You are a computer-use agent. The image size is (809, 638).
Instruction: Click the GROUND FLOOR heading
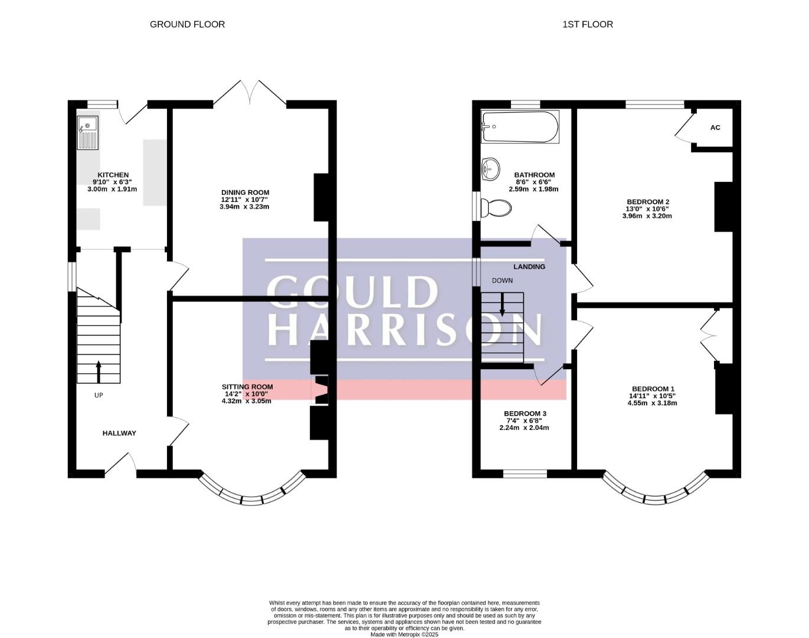(x=187, y=24)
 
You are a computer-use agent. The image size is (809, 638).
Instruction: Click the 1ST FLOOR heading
(x=588, y=24)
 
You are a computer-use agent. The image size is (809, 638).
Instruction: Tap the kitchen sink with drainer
(x=88, y=133)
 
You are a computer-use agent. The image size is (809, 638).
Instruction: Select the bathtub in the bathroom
(x=520, y=126)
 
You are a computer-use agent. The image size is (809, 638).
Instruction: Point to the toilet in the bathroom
(x=496, y=208)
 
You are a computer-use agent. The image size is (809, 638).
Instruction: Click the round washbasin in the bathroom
(x=490, y=170)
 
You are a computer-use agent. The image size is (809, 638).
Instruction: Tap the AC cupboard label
(x=715, y=128)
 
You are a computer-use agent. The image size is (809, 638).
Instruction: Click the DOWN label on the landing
(x=502, y=281)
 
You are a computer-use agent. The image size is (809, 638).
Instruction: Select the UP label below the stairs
(x=99, y=395)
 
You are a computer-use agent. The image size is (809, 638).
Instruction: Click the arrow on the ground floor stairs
(x=99, y=372)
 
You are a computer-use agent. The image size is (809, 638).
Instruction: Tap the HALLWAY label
(x=119, y=433)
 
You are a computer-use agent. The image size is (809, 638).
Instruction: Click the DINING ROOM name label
(x=245, y=193)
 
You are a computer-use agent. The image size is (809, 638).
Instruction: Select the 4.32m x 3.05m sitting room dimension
(x=246, y=401)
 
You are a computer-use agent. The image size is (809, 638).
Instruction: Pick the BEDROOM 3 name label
(x=525, y=414)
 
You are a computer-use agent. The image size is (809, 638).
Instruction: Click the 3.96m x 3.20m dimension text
(x=647, y=216)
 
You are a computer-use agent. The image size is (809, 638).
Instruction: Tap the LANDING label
(x=529, y=267)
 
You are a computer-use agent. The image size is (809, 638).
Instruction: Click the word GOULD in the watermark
(x=353, y=292)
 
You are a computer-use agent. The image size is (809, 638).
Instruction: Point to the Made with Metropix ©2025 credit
(x=405, y=634)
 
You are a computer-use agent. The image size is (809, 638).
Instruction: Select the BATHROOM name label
(x=534, y=175)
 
